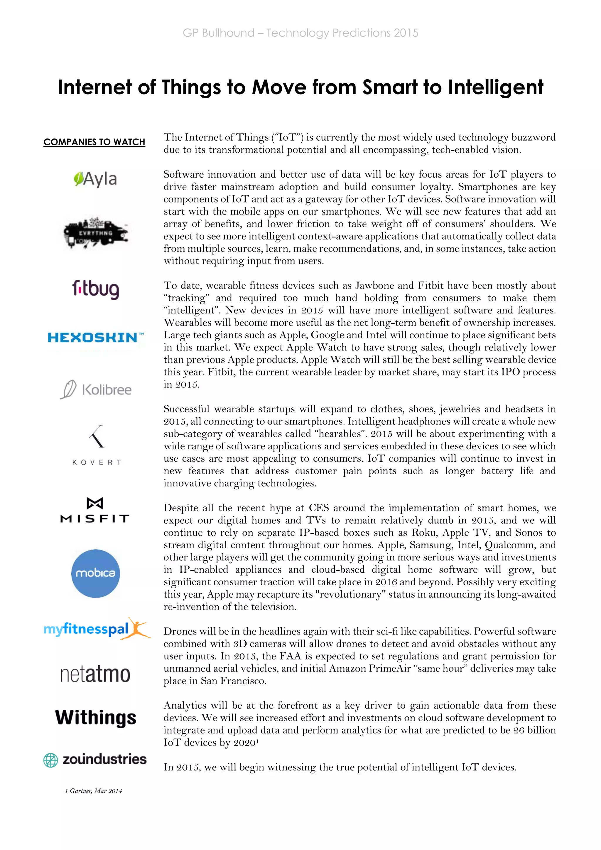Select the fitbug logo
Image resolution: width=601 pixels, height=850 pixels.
tap(95, 289)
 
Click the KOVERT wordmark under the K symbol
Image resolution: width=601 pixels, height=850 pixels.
tap(97, 462)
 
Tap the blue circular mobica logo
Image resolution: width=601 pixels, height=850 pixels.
tap(95, 573)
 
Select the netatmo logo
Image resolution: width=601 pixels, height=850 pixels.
tap(95, 674)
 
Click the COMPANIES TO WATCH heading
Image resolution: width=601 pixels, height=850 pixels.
tap(94, 142)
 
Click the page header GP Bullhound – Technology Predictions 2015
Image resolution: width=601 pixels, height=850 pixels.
tap(300, 33)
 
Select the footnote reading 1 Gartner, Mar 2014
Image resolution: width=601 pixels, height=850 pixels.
tap(94, 791)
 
